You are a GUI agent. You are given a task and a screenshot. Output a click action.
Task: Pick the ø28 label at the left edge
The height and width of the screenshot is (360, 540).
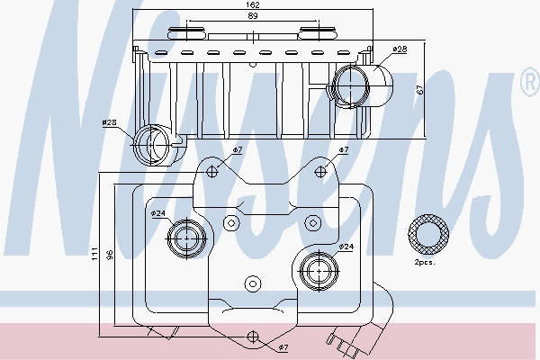tap(110, 122)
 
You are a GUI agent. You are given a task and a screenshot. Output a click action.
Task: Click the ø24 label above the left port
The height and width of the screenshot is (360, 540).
tap(157, 213)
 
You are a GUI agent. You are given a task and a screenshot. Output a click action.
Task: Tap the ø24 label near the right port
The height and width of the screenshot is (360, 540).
tap(346, 246)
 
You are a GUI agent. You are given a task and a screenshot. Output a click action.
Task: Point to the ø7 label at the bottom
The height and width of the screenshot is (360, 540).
tap(282, 346)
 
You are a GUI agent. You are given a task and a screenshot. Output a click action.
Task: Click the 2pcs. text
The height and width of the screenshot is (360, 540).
tap(425, 264)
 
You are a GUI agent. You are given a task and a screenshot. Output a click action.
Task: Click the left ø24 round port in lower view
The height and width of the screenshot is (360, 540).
tap(187, 238)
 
